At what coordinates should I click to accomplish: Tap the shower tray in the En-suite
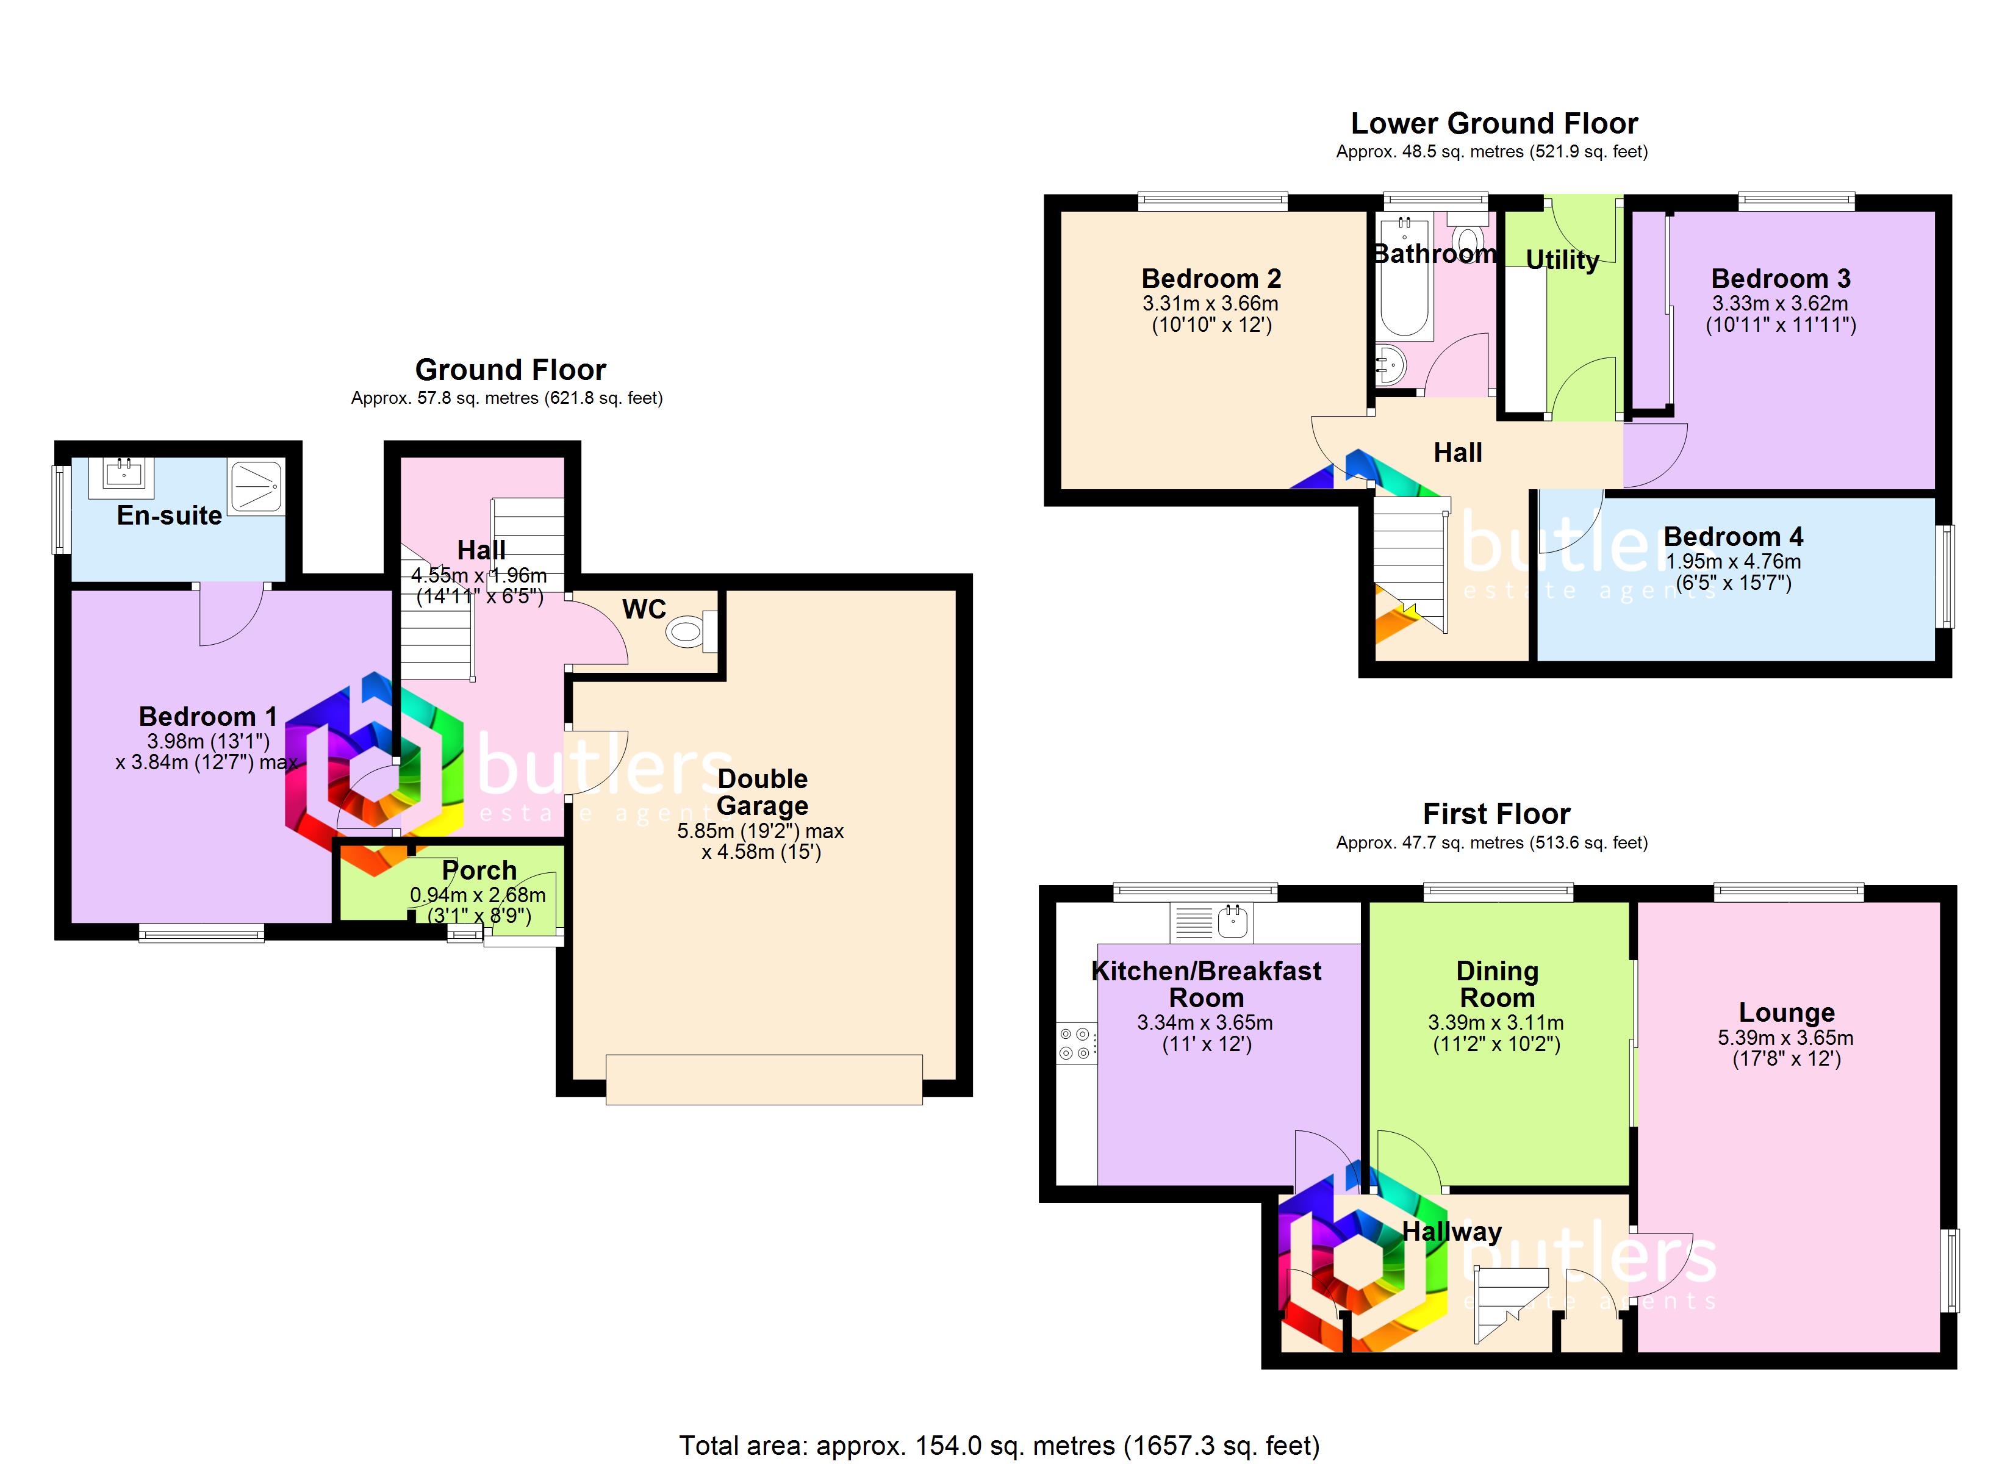(x=257, y=487)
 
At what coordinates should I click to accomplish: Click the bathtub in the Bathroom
(x=1404, y=276)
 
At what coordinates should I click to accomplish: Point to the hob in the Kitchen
(x=1075, y=1043)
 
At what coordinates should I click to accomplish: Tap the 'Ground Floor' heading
(x=511, y=369)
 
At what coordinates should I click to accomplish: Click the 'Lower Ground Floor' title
(x=1494, y=123)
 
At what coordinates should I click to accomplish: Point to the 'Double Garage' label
(x=762, y=792)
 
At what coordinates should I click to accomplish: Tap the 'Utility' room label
(x=1562, y=260)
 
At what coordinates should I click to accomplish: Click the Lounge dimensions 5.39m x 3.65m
(x=1786, y=1037)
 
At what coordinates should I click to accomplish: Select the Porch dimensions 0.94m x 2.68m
(x=478, y=895)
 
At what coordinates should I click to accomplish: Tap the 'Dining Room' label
(x=1498, y=984)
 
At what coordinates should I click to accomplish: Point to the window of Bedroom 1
(x=201, y=932)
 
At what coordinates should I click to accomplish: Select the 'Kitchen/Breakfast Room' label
(x=1206, y=984)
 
